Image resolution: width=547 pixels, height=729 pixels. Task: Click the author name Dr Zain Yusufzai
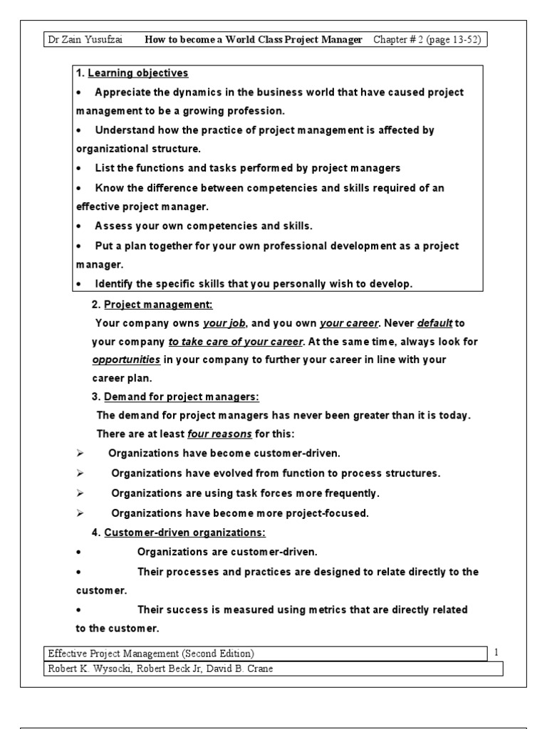point(83,40)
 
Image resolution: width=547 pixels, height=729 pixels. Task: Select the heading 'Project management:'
point(158,304)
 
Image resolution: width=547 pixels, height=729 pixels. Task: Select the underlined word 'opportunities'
point(125,360)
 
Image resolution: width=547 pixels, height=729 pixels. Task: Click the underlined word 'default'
point(435,322)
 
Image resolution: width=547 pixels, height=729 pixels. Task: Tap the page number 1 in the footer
point(496,652)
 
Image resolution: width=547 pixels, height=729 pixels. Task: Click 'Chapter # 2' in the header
point(401,40)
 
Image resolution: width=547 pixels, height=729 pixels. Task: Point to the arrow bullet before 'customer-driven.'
point(80,453)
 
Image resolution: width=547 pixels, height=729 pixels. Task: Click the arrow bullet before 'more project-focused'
point(80,513)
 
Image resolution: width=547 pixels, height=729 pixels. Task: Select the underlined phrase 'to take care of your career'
point(236,341)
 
